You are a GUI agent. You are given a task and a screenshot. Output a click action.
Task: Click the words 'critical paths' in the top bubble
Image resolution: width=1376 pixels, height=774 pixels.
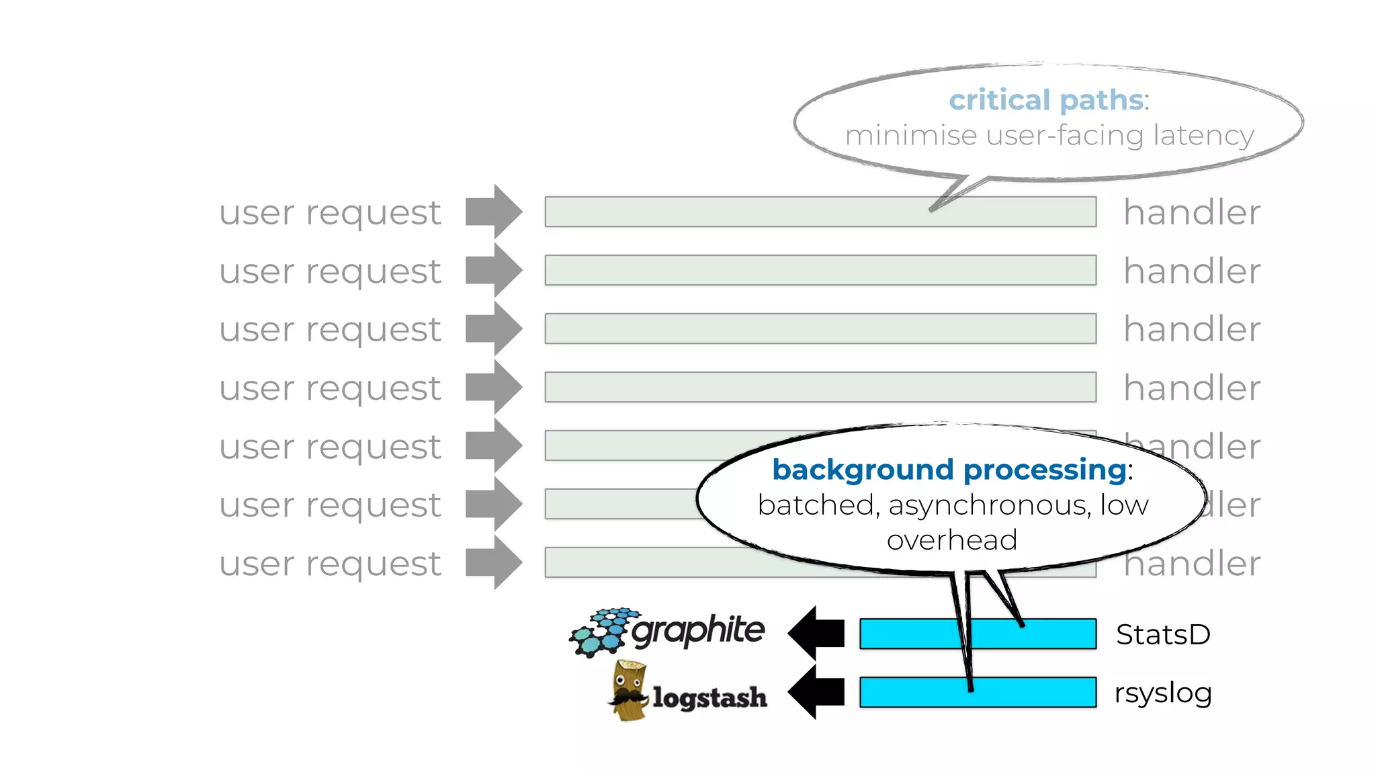coord(1045,100)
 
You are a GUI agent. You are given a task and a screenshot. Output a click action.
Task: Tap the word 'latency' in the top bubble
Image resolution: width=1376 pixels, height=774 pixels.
coord(1203,136)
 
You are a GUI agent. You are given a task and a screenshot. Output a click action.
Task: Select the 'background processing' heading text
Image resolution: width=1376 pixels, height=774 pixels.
coord(949,469)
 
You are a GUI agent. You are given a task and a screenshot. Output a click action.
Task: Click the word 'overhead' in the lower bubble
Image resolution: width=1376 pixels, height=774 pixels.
coord(951,540)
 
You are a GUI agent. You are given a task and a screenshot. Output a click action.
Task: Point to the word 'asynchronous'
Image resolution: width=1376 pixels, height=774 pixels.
coord(989,505)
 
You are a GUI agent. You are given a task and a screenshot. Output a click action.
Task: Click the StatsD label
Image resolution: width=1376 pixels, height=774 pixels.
coord(1163,634)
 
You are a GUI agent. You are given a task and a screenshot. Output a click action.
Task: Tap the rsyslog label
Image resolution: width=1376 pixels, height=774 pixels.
coord(1163,693)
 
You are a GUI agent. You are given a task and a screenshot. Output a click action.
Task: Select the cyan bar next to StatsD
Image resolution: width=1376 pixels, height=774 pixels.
coord(907,634)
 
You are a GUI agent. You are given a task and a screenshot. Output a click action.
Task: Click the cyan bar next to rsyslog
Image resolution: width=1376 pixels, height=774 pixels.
coord(907,692)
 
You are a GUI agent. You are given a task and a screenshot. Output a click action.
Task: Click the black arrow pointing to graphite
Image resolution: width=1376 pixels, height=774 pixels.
coord(816,633)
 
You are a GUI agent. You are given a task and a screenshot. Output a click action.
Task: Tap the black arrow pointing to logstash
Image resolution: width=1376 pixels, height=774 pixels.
coord(816,691)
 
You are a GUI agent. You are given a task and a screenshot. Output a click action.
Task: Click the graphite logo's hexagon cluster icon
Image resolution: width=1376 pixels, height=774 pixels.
coord(600,632)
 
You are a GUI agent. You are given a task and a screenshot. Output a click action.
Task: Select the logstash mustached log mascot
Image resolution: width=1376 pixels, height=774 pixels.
coord(629,691)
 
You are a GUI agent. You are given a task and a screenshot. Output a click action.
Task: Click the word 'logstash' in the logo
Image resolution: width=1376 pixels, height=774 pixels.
coord(709,697)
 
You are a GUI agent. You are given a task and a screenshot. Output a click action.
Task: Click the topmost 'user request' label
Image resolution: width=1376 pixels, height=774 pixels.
coord(330,213)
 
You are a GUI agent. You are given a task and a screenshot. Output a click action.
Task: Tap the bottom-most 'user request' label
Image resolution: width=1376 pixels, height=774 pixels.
coord(330,564)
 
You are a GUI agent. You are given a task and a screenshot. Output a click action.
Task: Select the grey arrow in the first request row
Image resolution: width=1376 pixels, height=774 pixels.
coord(494,212)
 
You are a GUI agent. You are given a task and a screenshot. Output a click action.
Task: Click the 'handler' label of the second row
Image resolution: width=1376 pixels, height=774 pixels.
coord(1192,271)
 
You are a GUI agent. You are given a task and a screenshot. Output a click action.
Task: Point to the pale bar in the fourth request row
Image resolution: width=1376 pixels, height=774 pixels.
coord(820,387)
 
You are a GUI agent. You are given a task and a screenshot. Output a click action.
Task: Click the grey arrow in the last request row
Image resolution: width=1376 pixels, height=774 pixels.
coord(494,562)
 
